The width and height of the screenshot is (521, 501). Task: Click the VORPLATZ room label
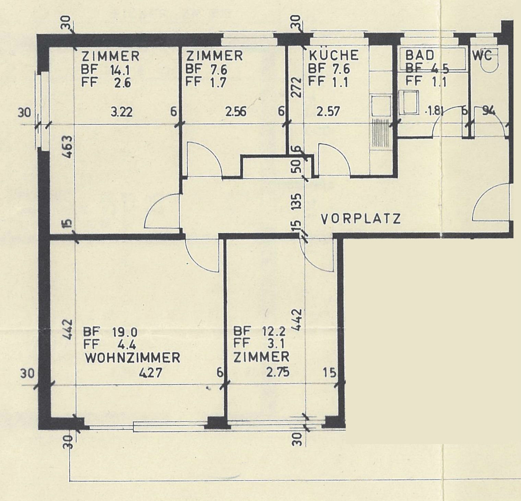click(361, 219)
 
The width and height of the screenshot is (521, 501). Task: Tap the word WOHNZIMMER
click(132, 358)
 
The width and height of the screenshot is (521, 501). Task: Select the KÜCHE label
click(333, 55)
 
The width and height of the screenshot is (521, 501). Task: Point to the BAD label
click(419, 55)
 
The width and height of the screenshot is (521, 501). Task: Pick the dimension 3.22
click(121, 112)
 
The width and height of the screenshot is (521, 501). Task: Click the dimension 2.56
click(235, 112)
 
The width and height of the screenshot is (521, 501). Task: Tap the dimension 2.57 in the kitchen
click(328, 112)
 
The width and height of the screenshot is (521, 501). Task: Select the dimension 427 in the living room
click(150, 373)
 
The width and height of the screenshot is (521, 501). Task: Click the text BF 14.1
click(105, 70)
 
